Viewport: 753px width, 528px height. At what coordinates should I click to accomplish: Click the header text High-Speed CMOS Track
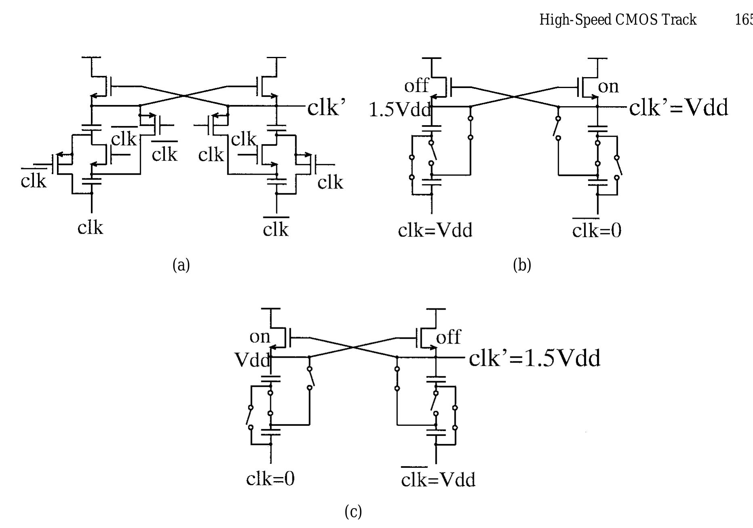pos(618,19)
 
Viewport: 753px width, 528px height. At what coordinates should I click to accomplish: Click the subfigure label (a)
pos(181,265)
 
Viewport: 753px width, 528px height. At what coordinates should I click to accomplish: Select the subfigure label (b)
pos(522,265)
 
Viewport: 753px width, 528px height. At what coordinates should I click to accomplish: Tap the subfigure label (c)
pos(353,512)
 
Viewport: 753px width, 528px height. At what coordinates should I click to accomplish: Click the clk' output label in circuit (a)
pos(326,108)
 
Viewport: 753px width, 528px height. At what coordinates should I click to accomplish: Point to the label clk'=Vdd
pos(678,108)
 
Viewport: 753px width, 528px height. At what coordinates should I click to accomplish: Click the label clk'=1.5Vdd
pos(534,358)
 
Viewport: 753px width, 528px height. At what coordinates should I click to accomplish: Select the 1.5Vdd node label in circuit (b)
pos(400,110)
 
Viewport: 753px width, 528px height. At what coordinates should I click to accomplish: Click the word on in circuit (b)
pos(608,86)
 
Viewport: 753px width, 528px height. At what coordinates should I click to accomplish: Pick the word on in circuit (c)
pos(260,337)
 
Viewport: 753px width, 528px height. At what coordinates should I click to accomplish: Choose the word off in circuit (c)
pos(448,337)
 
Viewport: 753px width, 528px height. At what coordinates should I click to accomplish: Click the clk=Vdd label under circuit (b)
pos(435,230)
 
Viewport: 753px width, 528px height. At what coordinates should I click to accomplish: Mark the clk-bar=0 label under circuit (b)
pos(597,230)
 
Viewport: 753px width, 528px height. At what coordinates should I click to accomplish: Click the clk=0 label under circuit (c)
pos(270,479)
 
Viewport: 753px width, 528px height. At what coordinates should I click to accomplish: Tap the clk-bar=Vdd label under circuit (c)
pos(438,480)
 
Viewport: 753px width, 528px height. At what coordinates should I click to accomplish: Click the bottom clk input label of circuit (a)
pos(90,228)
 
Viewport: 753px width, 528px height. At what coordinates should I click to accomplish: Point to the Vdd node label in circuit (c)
pos(252,360)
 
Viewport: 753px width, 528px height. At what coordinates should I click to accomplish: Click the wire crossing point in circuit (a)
pos(184,96)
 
